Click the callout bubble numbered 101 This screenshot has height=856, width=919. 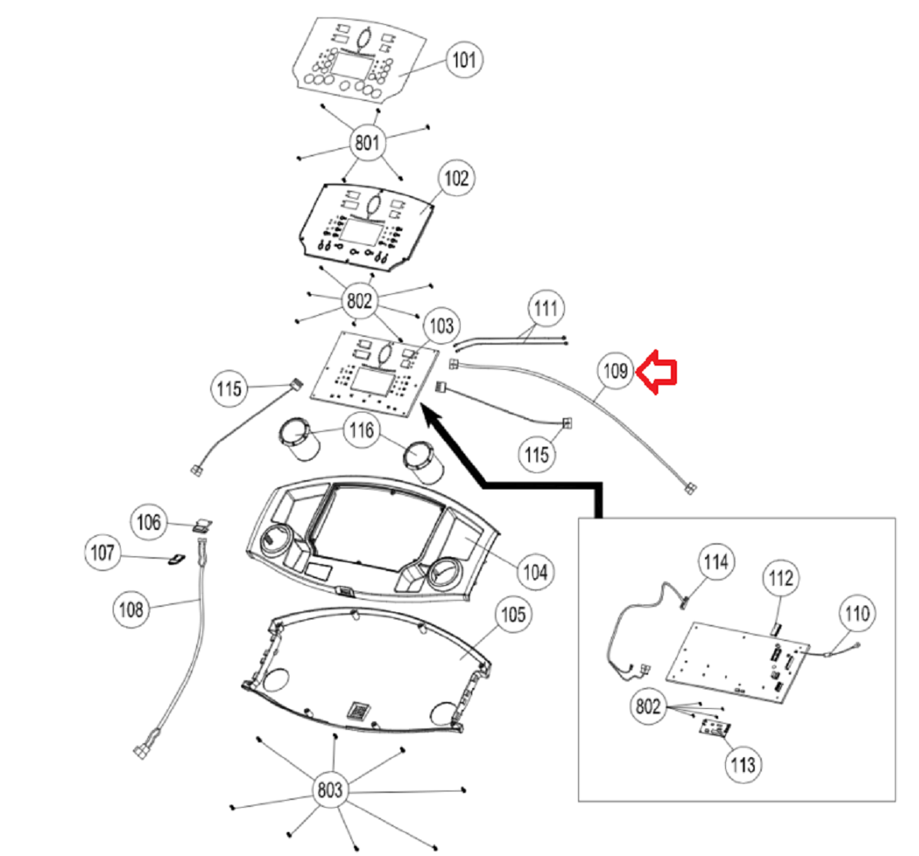point(464,60)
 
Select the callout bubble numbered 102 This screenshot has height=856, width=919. point(456,178)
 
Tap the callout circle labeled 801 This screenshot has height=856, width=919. point(367,142)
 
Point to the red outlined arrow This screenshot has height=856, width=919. point(658,372)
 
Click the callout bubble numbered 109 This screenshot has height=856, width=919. point(615,371)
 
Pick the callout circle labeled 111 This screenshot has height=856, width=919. point(546,309)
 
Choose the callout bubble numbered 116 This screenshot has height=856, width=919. point(362,430)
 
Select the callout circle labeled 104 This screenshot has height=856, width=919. point(535,572)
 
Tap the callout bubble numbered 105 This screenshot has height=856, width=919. point(512,615)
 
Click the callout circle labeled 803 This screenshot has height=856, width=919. point(329,791)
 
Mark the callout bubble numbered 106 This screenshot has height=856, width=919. point(149,521)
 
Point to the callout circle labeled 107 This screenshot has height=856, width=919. point(102,553)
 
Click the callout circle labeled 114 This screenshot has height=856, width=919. point(715,562)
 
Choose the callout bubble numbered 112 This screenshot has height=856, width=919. point(780,577)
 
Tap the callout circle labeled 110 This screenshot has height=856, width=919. point(856,614)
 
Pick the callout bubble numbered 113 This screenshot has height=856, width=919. point(742,764)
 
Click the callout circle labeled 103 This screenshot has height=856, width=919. point(441,325)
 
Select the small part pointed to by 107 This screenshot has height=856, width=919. point(177,558)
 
